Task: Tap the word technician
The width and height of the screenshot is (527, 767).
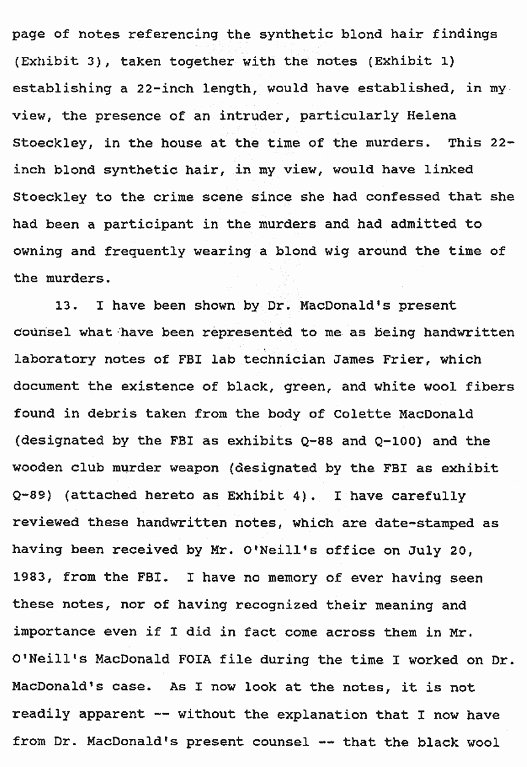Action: [x=203, y=359]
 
